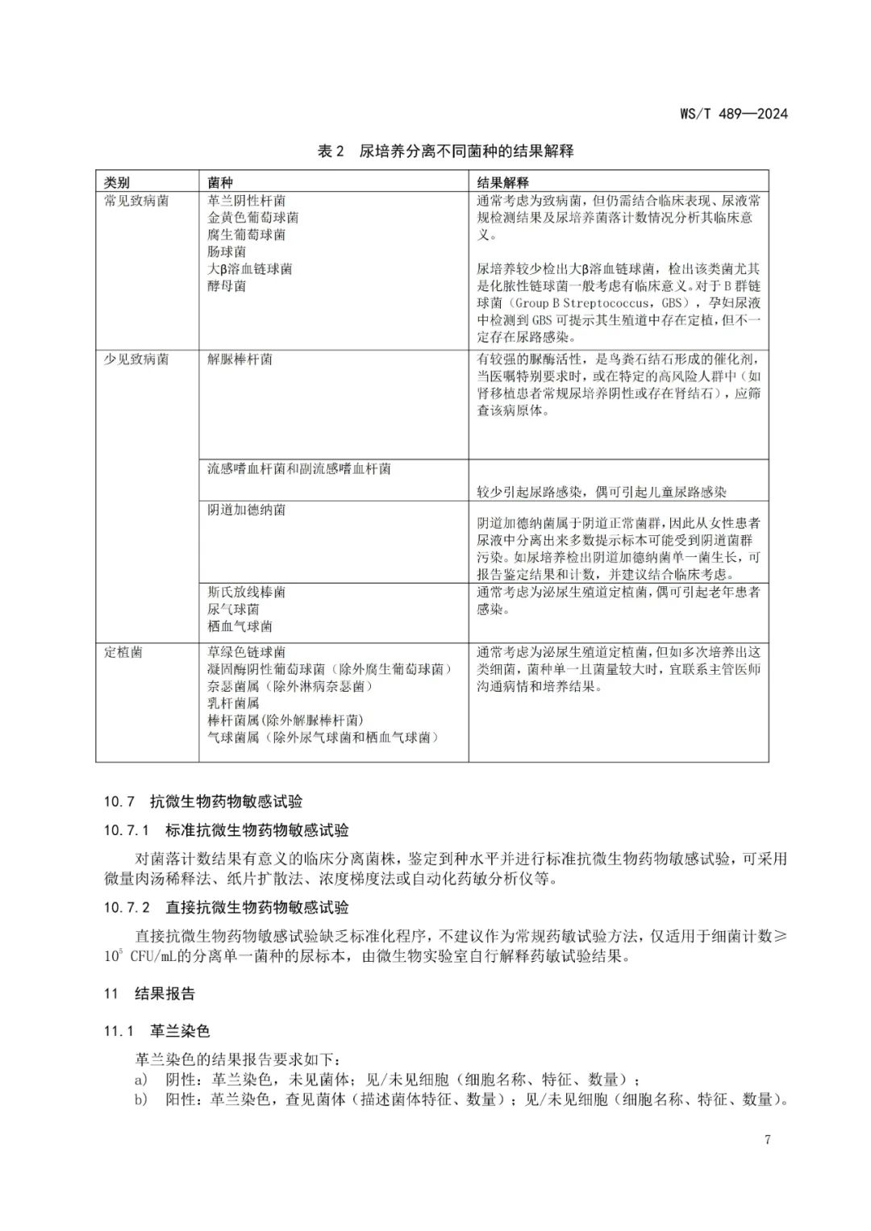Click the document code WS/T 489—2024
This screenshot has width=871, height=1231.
733,114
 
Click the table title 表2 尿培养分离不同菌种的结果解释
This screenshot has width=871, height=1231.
445,151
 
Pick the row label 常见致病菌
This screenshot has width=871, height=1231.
136,201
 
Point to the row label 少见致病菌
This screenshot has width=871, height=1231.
136,360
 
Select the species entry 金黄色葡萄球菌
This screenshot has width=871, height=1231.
252,218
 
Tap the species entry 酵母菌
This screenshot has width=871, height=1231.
227,286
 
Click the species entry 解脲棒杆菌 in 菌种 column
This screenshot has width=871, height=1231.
240,360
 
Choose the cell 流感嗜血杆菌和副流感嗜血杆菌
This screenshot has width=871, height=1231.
298,469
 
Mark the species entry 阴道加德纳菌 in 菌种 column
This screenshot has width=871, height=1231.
246,510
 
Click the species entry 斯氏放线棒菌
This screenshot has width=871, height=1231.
246,593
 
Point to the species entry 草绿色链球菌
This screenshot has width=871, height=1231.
246,652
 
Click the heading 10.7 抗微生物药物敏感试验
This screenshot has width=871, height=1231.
202,801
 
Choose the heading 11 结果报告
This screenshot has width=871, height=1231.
149,994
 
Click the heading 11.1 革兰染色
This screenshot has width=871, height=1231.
156,1032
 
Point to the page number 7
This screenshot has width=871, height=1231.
767,1140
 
